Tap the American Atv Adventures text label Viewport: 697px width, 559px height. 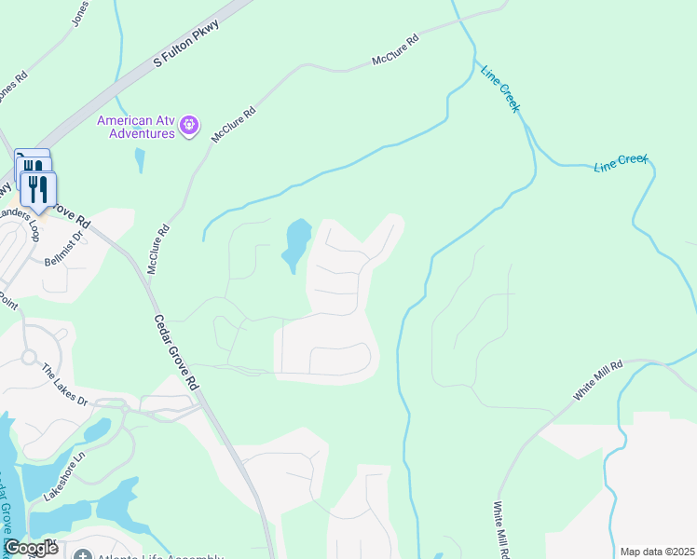137,127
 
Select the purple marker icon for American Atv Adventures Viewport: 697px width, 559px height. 189,124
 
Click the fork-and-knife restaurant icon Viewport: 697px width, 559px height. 38,190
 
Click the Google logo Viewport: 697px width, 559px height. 31,548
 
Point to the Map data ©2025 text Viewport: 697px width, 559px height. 657,552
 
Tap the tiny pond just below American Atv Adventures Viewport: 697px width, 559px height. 140,160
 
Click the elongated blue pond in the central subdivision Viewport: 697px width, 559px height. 296,244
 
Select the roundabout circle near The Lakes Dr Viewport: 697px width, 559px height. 29,357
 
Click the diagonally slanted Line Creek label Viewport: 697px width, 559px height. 499,89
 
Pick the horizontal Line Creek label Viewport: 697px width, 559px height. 621,162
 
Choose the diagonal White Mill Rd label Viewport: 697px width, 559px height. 597,382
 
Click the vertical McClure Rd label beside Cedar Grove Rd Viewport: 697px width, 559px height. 157,249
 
